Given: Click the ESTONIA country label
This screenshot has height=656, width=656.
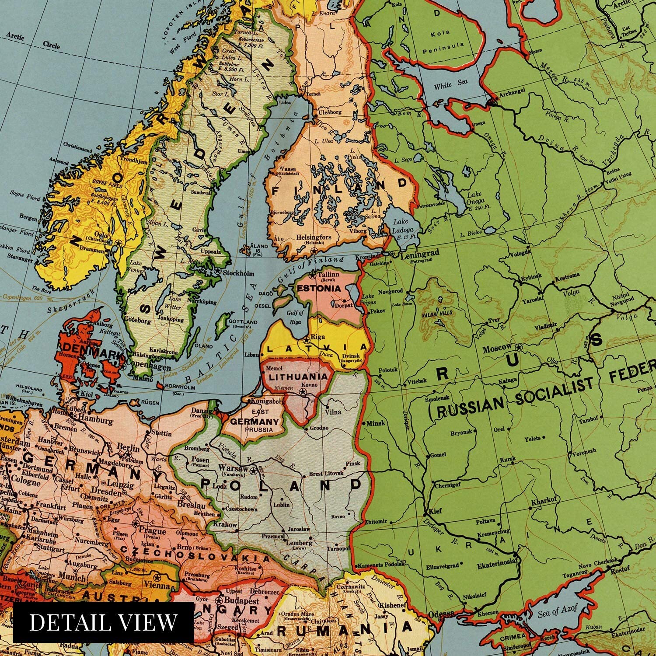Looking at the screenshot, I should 318,289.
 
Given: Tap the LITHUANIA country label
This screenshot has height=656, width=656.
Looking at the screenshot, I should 298,377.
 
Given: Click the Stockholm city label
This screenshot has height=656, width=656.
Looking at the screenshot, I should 238,273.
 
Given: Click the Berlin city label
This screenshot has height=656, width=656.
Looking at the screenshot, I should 129,448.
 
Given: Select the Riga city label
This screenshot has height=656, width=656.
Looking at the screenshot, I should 317,337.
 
